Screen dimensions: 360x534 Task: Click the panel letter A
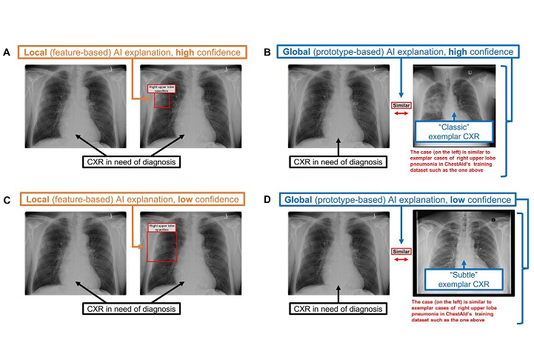point(7,53)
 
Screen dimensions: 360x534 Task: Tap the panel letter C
point(7,200)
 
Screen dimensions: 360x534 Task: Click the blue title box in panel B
point(396,53)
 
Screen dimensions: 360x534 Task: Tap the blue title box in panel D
point(396,200)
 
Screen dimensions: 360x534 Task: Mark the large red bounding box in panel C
point(161,245)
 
